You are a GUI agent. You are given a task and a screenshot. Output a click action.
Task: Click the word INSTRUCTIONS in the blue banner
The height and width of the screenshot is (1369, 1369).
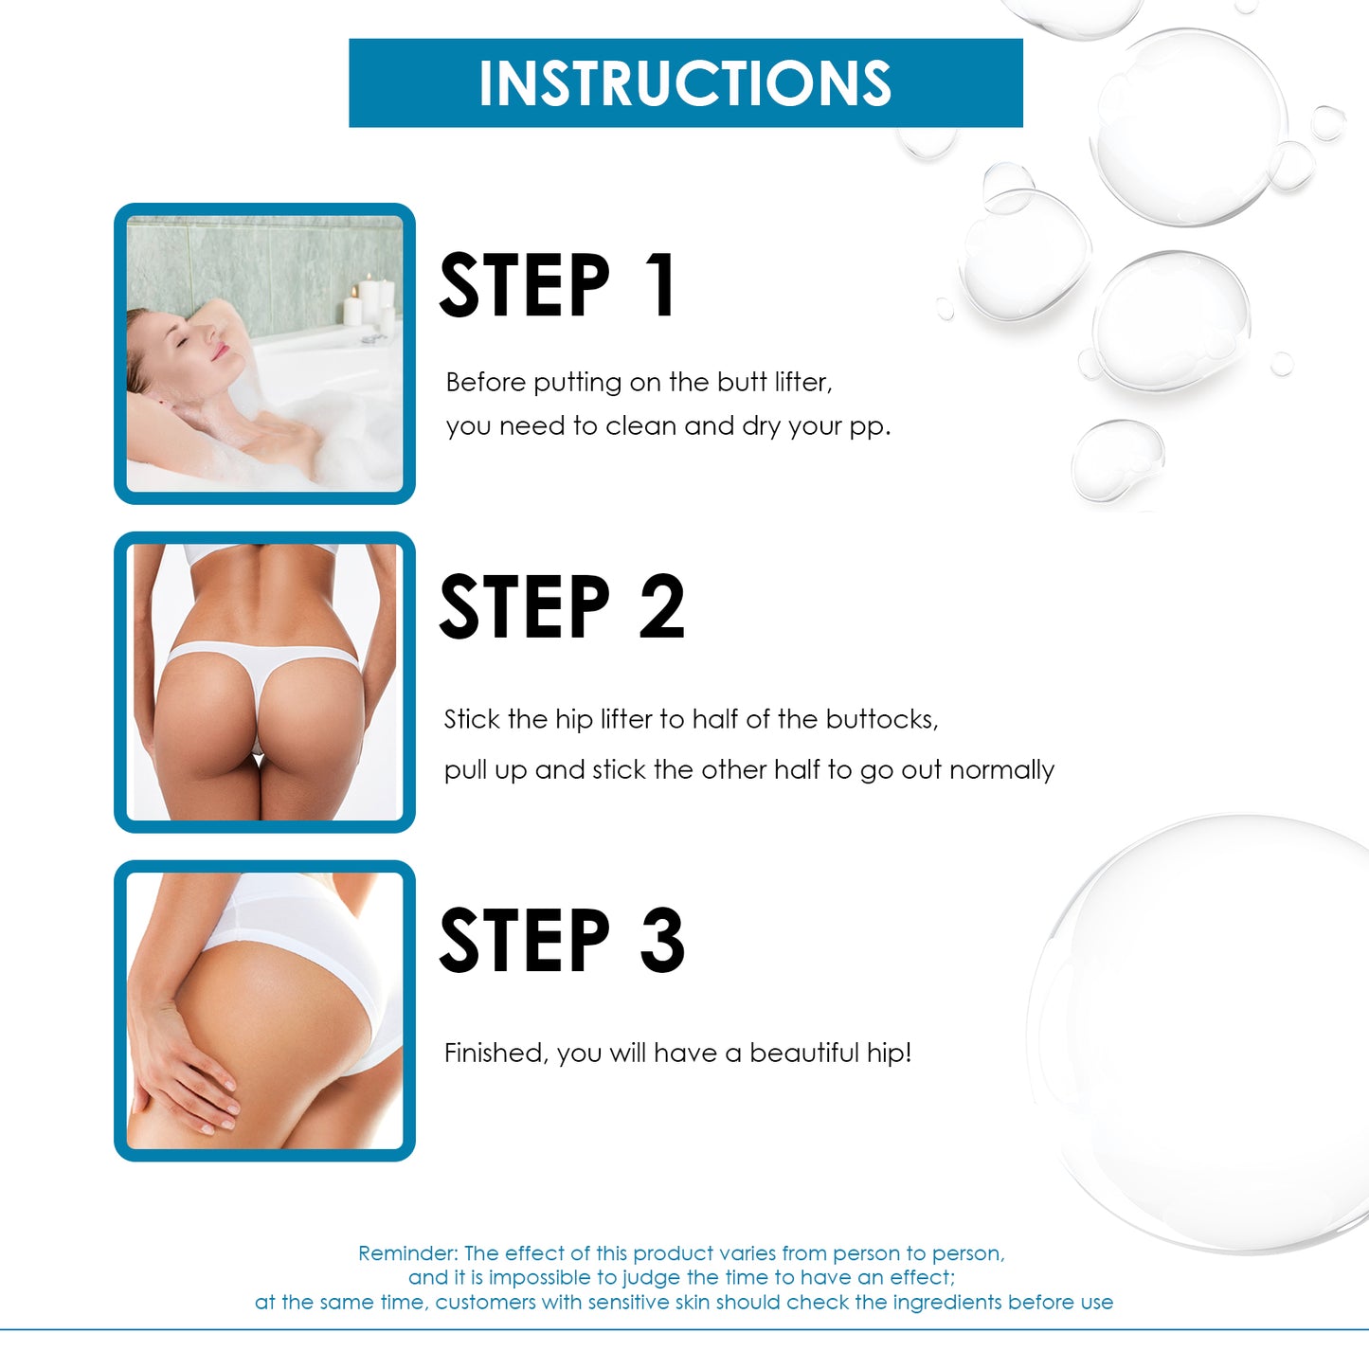[x=685, y=83]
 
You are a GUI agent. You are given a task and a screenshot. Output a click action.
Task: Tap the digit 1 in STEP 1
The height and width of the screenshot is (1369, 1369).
[x=663, y=285]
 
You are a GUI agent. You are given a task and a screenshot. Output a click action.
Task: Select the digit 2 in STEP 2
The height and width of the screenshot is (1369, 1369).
[x=661, y=607]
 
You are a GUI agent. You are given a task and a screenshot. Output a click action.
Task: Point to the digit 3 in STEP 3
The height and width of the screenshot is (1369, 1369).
[x=661, y=939]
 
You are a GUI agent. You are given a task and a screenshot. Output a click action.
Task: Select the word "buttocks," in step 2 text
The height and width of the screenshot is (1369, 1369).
[x=882, y=720]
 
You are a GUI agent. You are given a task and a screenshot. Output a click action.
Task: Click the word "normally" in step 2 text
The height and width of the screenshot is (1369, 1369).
[x=1001, y=771]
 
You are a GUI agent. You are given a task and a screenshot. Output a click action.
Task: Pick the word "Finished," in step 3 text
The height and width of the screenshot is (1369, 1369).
[x=495, y=1054]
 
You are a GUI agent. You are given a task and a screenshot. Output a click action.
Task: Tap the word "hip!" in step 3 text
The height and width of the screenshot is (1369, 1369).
[x=889, y=1053]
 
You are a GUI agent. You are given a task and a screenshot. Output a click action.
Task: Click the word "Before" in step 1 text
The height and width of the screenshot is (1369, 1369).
[x=486, y=382]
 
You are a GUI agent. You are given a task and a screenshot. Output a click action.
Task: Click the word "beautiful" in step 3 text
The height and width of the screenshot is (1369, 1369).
[x=804, y=1053]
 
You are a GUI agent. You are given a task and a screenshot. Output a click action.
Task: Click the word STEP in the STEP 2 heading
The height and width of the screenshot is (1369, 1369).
[x=525, y=607]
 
